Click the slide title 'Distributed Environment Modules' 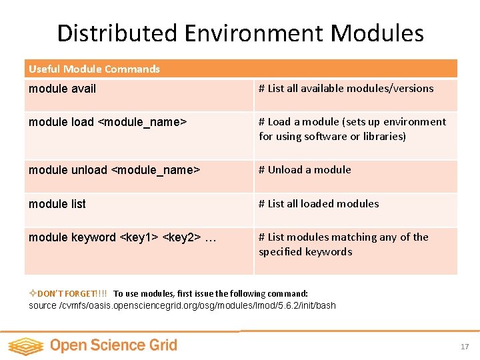[x=240, y=33]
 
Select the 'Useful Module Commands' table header [x=94, y=69]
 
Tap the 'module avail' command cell [x=62, y=89]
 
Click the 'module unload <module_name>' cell [x=114, y=170]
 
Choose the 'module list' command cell [x=57, y=204]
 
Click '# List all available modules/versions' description [x=346, y=89]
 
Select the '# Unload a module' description [x=305, y=170]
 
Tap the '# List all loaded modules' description [x=319, y=204]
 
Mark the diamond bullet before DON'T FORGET [x=33, y=293]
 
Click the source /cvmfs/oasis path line [x=182, y=305]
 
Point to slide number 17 [x=465, y=347]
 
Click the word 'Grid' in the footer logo [x=163, y=345]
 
